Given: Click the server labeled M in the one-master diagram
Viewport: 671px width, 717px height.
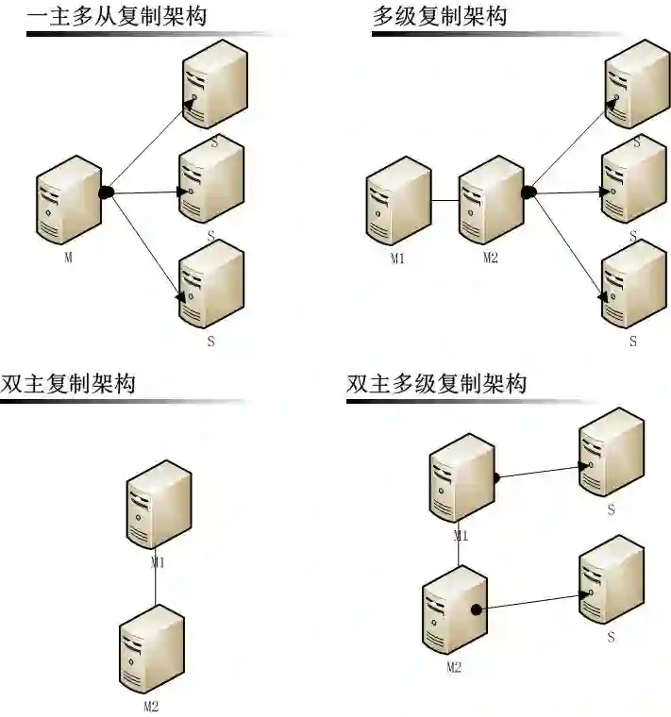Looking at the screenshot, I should (69, 200).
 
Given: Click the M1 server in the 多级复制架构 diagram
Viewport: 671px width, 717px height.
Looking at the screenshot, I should (398, 200).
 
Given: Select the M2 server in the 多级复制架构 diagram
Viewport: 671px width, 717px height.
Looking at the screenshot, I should (491, 200).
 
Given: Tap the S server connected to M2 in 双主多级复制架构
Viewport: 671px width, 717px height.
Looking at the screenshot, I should (611, 579).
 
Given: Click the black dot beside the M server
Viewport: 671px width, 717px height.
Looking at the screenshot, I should (107, 192).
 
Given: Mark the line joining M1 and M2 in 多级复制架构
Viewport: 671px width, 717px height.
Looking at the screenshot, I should (445, 202).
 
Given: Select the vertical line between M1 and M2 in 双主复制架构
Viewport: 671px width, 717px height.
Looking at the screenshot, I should (156, 589).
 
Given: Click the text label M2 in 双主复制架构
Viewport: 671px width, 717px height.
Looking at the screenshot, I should (150, 705).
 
